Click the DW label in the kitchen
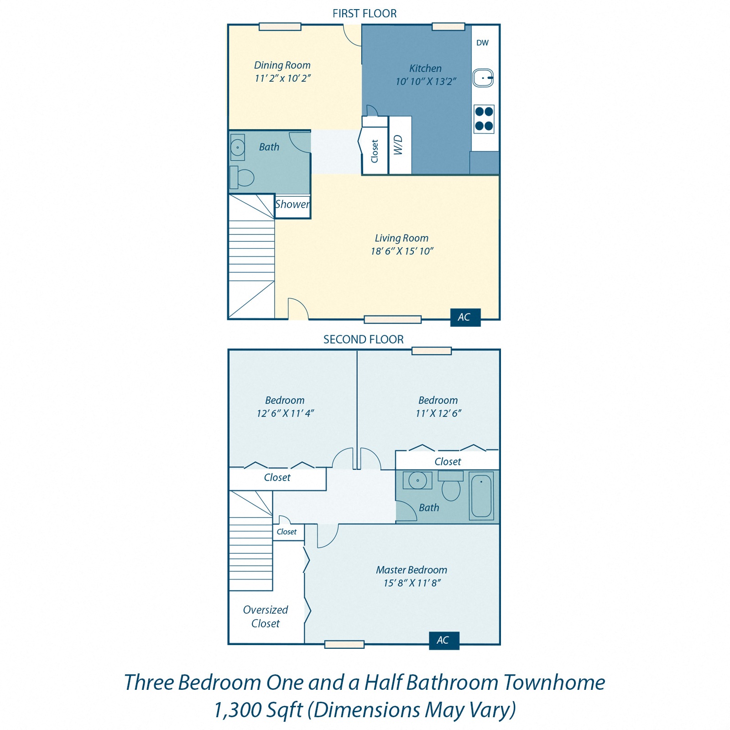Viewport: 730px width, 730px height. click(482, 43)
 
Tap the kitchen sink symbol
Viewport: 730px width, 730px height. click(483, 78)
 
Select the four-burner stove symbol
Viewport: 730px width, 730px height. click(484, 119)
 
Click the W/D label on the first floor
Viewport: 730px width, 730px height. click(398, 145)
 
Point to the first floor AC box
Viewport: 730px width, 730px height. click(465, 317)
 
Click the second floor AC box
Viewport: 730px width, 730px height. click(443, 640)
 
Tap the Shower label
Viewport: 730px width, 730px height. click(292, 204)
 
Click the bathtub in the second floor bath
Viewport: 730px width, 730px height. click(481, 496)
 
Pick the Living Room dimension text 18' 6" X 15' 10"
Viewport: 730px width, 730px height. click(402, 251)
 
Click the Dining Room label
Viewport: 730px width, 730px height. click(282, 65)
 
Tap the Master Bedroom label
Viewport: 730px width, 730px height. click(412, 570)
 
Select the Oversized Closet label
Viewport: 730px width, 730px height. click(266, 616)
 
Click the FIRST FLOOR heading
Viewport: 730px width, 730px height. click(364, 14)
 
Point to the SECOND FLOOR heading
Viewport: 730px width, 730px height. click(363, 339)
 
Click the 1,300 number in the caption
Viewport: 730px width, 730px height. click(237, 710)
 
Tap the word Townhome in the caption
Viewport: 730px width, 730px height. click(554, 683)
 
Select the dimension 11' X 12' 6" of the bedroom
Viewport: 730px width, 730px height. click(438, 413)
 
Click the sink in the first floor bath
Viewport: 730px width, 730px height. click(238, 147)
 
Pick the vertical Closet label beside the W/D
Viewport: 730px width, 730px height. click(375, 151)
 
